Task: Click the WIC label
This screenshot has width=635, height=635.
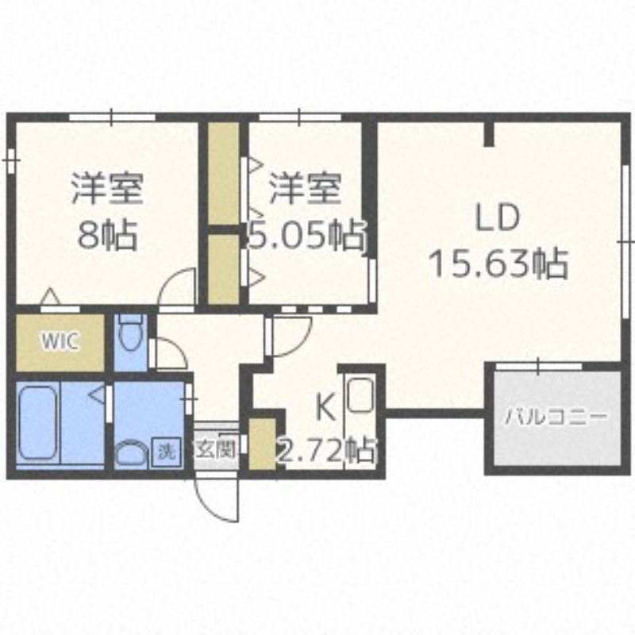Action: click(x=60, y=341)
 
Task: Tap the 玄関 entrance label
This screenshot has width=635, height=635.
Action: click(x=215, y=448)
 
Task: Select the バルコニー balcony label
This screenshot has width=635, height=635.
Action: click(x=557, y=416)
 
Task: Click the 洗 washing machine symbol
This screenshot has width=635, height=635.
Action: click(x=165, y=451)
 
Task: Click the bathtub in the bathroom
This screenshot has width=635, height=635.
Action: click(x=37, y=422)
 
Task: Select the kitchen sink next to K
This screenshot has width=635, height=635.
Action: click(x=360, y=394)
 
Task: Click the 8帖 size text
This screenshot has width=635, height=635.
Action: click(x=107, y=235)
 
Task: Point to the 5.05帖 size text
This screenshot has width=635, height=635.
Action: click(x=306, y=235)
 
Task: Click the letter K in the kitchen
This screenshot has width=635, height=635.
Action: click(x=326, y=408)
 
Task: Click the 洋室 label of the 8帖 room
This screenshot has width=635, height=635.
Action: click(x=107, y=189)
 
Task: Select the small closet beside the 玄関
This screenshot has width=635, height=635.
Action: click(x=263, y=444)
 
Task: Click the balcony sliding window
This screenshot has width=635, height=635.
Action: click(x=539, y=366)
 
